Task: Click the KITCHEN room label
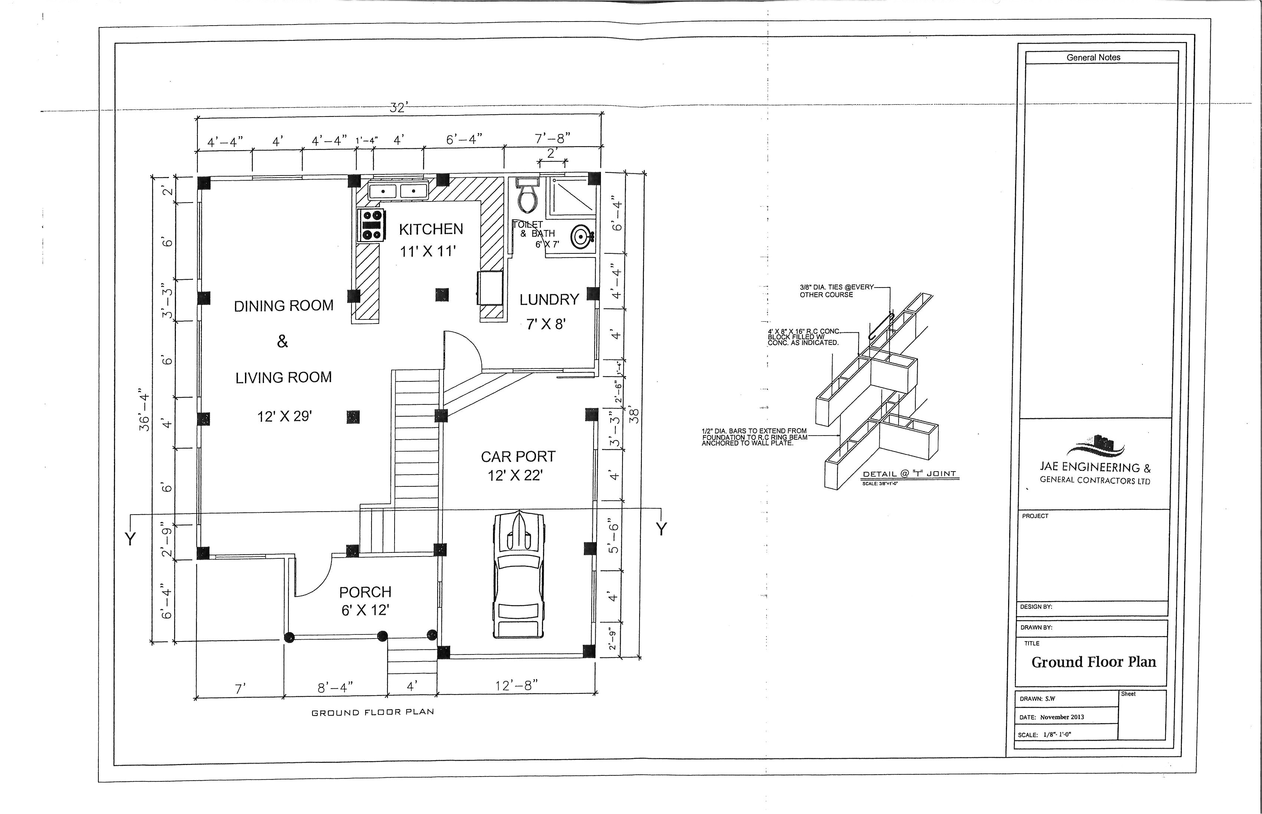[431, 229]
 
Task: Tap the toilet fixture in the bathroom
[527, 195]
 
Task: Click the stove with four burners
[370, 225]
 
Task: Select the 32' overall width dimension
[397, 108]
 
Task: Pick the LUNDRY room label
[549, 300]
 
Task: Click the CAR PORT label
[518, 456]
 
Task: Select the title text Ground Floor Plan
[1093, 662]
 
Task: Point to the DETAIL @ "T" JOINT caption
[909, 474]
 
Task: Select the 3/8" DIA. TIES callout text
[837, 291]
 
